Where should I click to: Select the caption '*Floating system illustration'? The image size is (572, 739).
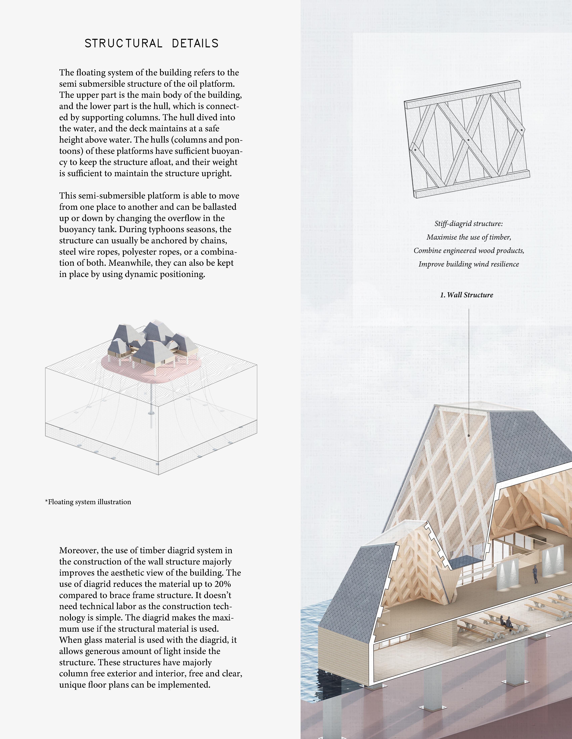point(88,502)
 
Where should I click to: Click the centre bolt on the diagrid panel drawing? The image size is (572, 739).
point(468,140)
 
